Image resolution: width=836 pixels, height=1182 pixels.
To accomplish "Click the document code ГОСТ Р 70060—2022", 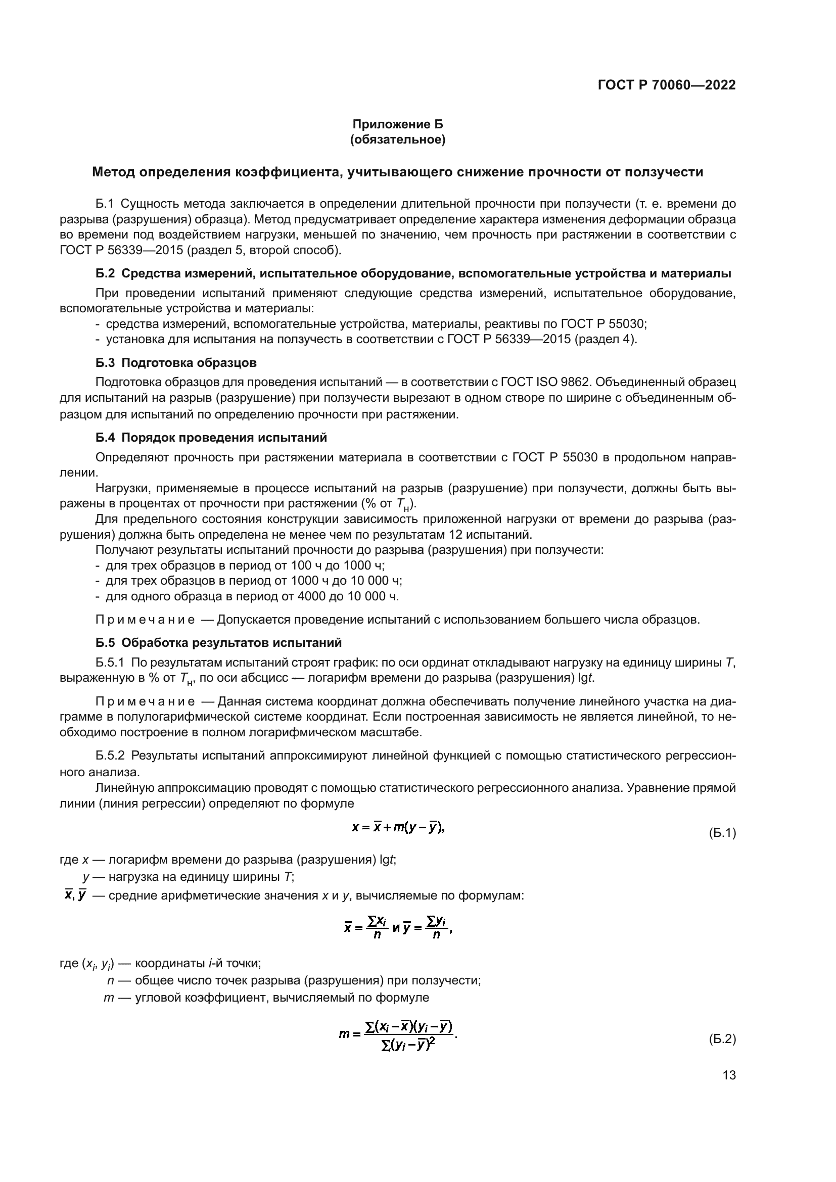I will (x=666, y=85).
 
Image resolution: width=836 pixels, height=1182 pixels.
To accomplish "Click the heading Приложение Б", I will (x=397, y=125).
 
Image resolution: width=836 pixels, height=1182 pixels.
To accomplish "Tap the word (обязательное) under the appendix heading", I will (x=397, y=139).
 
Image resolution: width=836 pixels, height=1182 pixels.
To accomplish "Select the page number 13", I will (x=729, y=1075).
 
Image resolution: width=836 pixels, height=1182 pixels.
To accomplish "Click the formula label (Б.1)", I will (x=722, y=833).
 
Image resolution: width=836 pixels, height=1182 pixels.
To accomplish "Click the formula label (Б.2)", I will (x=722, y=1039).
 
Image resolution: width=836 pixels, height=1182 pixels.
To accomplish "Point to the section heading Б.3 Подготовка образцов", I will (x=176, y=362).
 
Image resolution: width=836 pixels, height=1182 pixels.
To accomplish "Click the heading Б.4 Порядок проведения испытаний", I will (x=211, y=438).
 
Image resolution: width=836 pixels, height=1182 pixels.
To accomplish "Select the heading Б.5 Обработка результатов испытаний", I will (x=218, y=643).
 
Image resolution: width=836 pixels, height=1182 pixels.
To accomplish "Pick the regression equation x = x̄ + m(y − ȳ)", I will (x=398, y=827).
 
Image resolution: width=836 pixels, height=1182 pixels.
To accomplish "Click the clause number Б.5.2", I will (x=110, y=755).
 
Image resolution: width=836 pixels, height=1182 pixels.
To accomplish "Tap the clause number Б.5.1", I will (x=110, y=663).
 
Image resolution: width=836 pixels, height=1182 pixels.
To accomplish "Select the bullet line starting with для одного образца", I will (x=252, y=596).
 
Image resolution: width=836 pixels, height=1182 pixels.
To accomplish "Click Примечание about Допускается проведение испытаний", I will (x=145, y=620).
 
